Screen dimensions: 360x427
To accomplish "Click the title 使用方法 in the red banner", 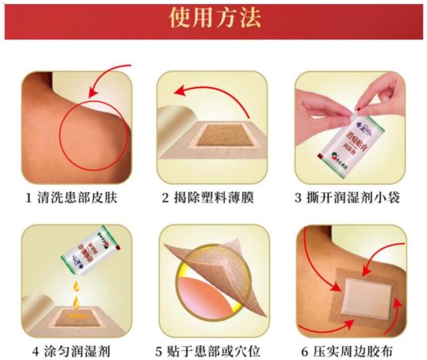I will point(215,18).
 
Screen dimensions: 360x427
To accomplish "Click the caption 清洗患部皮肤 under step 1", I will point(78,198).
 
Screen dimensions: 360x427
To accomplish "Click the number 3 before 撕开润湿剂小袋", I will point(299,198).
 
